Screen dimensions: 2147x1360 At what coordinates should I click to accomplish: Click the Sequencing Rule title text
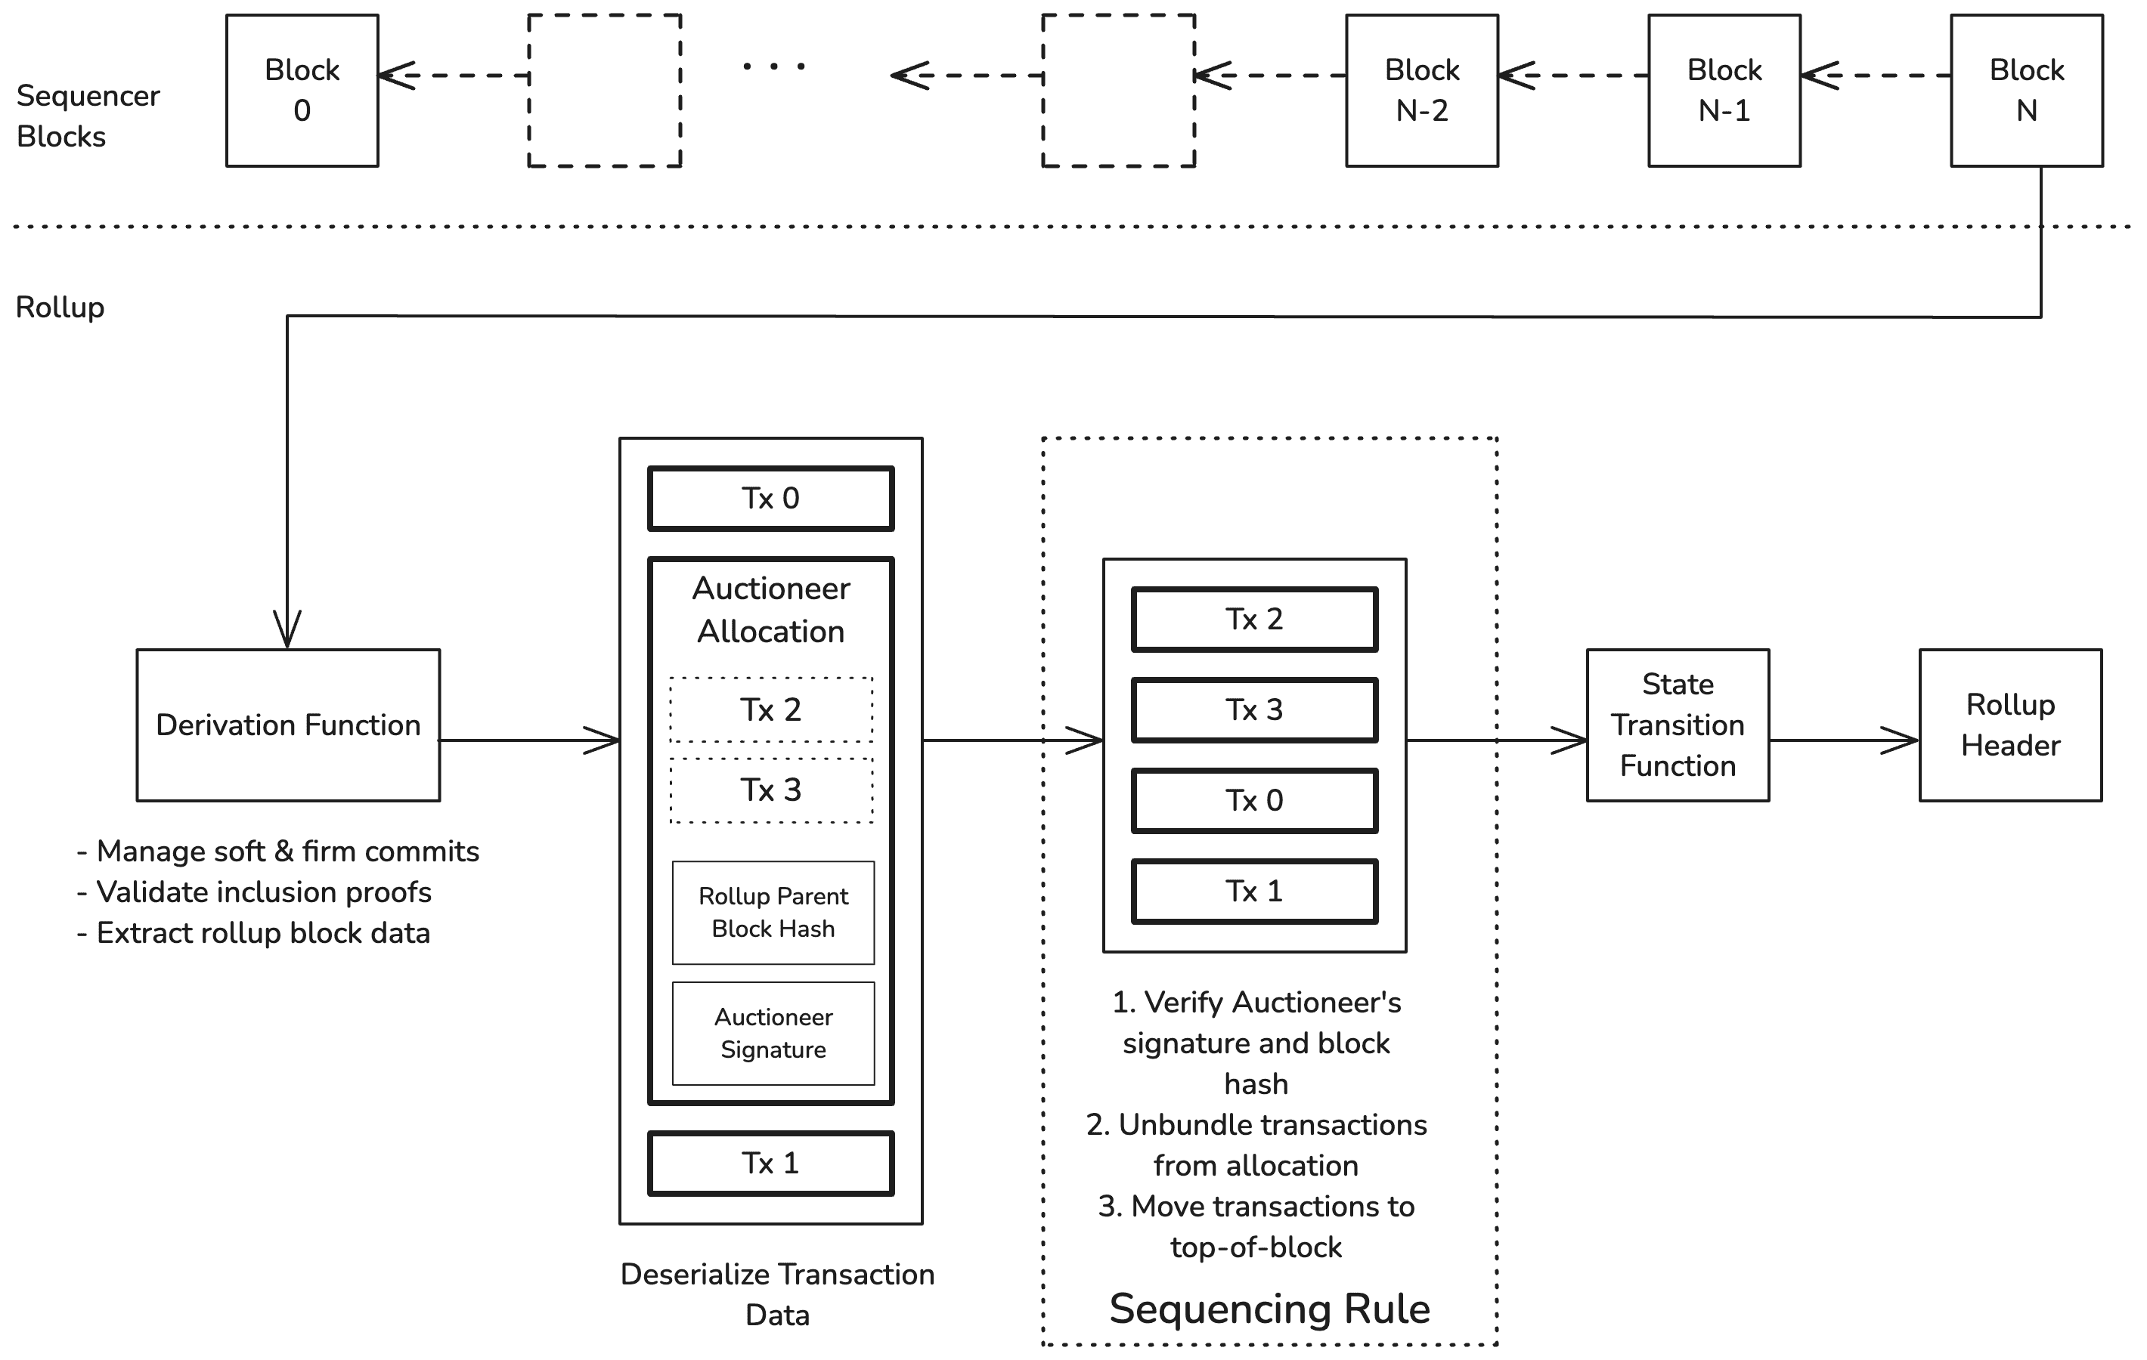[x=1269, y=1309]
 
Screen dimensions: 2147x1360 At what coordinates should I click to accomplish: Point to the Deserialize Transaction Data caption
[x=777, y=1294]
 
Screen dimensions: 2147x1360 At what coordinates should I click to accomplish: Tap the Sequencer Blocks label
[x=88, y=116]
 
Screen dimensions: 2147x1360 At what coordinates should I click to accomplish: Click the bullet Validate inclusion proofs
[x=254, y=892]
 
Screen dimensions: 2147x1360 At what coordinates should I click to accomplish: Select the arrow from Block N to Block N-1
[x=1876, y=76]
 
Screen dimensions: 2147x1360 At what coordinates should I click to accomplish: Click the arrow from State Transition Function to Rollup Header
[x=1845, y=740]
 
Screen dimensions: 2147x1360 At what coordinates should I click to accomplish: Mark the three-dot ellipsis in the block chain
[x=774, y=66]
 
